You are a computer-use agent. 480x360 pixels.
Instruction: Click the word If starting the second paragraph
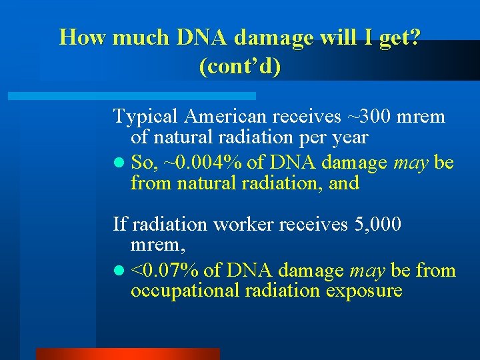click(119, 225)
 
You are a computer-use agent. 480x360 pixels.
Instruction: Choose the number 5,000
click(376, 225)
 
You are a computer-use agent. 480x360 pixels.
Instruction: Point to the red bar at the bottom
click(127, 354)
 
